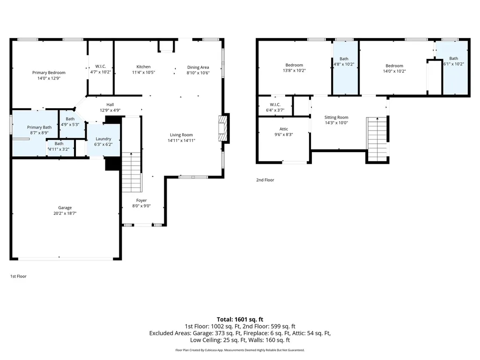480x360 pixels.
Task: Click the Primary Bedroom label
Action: [x=49, y=73]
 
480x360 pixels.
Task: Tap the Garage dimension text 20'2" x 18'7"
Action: [x=65, y=213]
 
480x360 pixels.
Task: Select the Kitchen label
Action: [x=143, y=67]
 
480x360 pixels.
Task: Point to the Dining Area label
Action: [x=198, y=67]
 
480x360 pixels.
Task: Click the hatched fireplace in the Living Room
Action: [x=223, y=128]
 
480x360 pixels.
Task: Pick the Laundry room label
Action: [x=103, y=139]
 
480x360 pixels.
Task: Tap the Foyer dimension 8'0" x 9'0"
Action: [x=141, y=206]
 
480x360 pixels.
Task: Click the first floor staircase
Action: [x=132, y=172]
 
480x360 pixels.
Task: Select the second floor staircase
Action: [x=377, y=139]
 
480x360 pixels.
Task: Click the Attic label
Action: [x=283, y=129]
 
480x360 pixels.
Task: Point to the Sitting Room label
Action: [x=336, y=117]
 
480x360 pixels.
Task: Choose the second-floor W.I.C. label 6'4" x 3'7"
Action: [x=275, y=110]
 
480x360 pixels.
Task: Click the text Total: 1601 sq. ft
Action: [x=240, y=320]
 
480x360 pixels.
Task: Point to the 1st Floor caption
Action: [x=18, y=276]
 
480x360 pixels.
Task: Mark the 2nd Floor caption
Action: [x=265, y=180]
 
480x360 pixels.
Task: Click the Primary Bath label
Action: [x=39, y=127]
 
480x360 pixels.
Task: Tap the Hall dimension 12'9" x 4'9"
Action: [x=110, y=110]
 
